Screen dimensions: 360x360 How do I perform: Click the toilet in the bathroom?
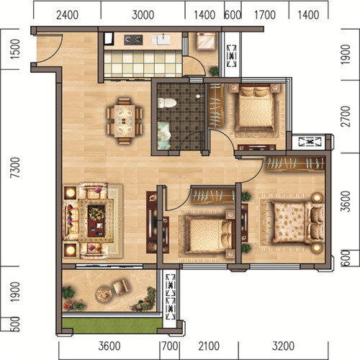point(167,103)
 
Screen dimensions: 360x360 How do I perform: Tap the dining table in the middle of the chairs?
point(125,121)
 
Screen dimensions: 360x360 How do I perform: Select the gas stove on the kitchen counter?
point(133,40)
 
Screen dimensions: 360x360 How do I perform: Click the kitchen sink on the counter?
point(161,40)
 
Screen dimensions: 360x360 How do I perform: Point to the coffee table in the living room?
point(96,221)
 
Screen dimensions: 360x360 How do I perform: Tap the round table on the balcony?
point(104,294)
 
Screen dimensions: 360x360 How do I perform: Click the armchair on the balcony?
point(121,287)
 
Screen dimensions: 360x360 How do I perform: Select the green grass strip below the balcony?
point(112,325)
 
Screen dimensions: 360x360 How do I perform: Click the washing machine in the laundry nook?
point(206,41)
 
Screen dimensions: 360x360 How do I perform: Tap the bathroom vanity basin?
point(164,135)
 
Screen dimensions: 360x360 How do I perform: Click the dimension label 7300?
point(15,167)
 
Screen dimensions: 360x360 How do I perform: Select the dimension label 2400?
point(67,15)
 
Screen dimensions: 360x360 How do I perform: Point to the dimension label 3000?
point(143,15)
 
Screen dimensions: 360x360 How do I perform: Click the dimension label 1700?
point(265,15)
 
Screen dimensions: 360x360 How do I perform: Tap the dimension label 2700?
point(346,117)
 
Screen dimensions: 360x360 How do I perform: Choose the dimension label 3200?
point(283,346)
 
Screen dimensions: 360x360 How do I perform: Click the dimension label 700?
point(170,346)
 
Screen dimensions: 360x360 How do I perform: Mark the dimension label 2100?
point(209,346)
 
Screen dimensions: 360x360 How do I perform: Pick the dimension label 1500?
point(15,49)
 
